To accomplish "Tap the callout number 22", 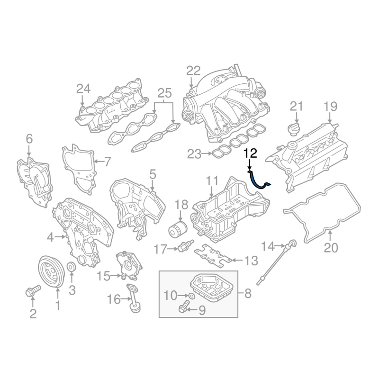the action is (x=193, y=71).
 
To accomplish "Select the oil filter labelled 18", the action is (x=178, y=229).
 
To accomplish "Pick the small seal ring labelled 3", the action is (x=72, y=268).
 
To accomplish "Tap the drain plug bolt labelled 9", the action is (x=184, y=306).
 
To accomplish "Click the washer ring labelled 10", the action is (x=191, y=296).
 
